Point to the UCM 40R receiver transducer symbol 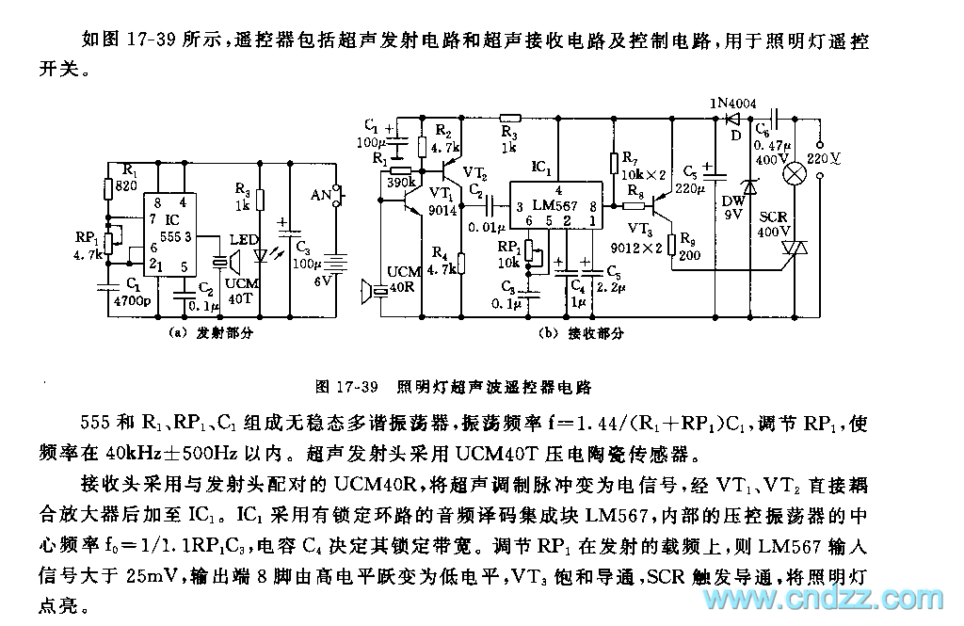click(373, 290)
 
